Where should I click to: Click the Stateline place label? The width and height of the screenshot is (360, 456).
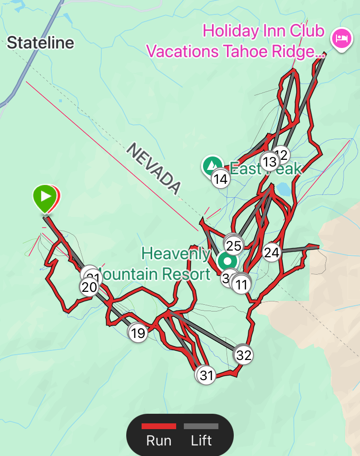tap(40, 43)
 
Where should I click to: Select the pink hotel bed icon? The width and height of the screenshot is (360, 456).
tap(341, 37)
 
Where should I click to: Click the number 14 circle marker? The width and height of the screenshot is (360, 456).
tap(220, 179)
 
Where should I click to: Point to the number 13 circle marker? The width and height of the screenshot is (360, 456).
tap(269, 161)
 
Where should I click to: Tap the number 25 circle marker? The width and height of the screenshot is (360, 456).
tap(234, 246)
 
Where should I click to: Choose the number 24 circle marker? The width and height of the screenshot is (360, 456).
tap(271, 252)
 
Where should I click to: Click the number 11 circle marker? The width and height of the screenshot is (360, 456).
tap(241, 284)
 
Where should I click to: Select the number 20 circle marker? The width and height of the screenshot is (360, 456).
tap(89, 287)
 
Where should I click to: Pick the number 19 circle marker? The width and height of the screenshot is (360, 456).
tap(138, 333)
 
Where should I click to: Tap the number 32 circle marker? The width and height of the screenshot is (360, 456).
tap(244, 355)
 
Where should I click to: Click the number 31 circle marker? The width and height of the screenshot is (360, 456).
tap(206, 375)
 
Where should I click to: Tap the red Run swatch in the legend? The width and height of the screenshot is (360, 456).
tap(158, 426)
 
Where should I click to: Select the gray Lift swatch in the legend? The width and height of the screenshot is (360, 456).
tap(201, 426)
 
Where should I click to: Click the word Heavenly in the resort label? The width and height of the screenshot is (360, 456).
tap(176, 253)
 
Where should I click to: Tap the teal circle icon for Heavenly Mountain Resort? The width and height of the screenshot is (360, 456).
tap(227, 262)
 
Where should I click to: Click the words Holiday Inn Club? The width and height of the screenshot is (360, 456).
tap(264, 31)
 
